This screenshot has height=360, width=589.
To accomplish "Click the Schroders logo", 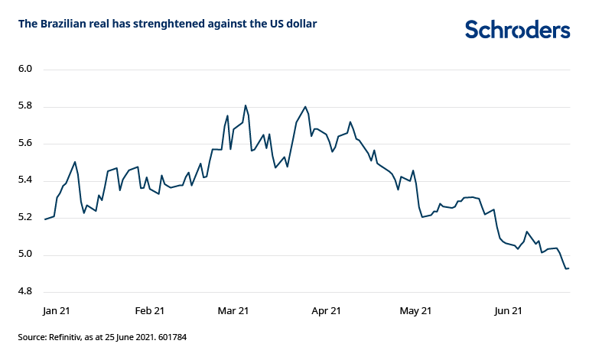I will pos(517,29).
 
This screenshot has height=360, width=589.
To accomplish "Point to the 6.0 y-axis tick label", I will pos(24,70).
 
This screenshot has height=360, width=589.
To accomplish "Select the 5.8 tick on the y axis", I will pos(24,106).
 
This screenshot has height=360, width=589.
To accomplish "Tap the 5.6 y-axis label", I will pos(24,144).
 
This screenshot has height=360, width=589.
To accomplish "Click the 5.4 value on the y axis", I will pos(24,180).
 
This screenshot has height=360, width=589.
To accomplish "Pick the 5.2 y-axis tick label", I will pos(24,218).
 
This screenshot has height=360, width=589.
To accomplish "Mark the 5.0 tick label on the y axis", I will pos(24,255).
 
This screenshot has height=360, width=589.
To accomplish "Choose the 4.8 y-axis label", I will pos(24,292).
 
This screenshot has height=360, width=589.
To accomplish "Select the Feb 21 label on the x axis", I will pos(149,311).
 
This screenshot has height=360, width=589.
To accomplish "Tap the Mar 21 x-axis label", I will pos(233,311).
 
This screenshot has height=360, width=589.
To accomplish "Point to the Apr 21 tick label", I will pos(325,311).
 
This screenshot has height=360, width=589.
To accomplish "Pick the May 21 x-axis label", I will pos(416,311).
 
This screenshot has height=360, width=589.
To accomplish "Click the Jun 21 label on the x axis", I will pos(508,311).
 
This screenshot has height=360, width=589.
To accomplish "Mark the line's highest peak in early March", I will pos(246,105).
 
